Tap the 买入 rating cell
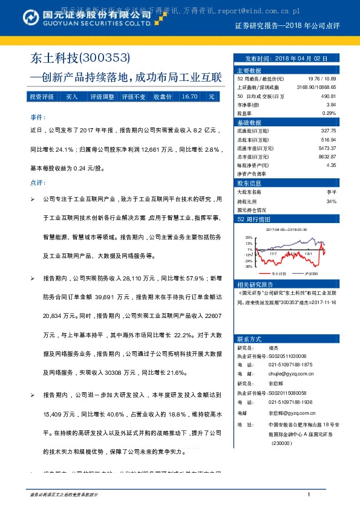pos(71,97)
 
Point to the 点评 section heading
pos(36,182)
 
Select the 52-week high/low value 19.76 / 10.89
pos(322,79)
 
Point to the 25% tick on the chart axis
pos(248,238)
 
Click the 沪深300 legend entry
pos(313,273)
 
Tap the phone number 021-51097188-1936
pos(290,402)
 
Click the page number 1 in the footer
pos(309,495)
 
